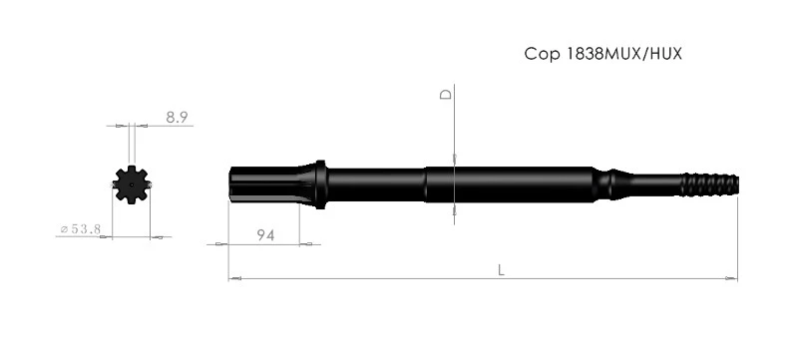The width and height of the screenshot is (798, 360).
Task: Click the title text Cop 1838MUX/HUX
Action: tap(603, 54)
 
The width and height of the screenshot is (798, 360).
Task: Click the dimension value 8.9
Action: tap(178, 118)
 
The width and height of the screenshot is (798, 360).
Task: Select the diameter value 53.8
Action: tap(86, 228)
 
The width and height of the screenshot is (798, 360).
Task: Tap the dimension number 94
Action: tap(265, 235)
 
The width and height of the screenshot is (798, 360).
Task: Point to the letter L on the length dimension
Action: tap(502, 270)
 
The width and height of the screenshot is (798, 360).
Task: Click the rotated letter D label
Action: tap(446, 94)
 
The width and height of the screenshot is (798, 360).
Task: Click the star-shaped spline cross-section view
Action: tap(132, 184)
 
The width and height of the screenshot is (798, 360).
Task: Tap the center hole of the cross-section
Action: tap(132, 185)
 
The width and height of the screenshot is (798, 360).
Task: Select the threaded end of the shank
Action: tap(710, 185)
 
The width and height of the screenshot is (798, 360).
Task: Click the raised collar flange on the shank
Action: tap(320, 184)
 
